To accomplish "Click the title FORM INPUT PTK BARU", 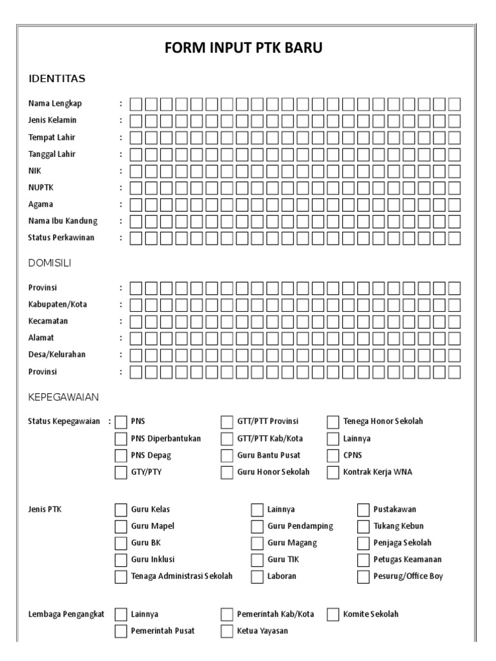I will click(x=248, y=49).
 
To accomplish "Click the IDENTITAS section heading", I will click(x=57, y=79).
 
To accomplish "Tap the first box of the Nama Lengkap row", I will click(x=136, y=103).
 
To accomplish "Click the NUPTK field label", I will click(x=40, y=187).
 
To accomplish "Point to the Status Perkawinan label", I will click(x=61, y=238).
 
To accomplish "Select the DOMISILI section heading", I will click(x=50, y=263).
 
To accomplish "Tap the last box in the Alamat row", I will click(x=455, y=338).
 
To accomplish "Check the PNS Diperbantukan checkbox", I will click(x=121, y=439).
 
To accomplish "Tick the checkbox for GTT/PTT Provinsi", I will click(x=227, y=422).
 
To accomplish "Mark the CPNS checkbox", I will click(x=333, y=456).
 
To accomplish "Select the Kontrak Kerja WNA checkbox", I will click(x=333, y=473).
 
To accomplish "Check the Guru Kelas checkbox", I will click(x=121, y=510).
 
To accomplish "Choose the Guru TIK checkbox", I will click(x=257, y=560).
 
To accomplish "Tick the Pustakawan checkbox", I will click(x=363, y=510).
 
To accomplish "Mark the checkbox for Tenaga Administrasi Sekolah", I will click(x=121, y=576).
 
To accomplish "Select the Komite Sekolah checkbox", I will click(x=333, y=614).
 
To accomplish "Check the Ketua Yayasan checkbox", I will click(x=227, y=631).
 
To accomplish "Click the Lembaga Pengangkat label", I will click(x=67, y=614).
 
